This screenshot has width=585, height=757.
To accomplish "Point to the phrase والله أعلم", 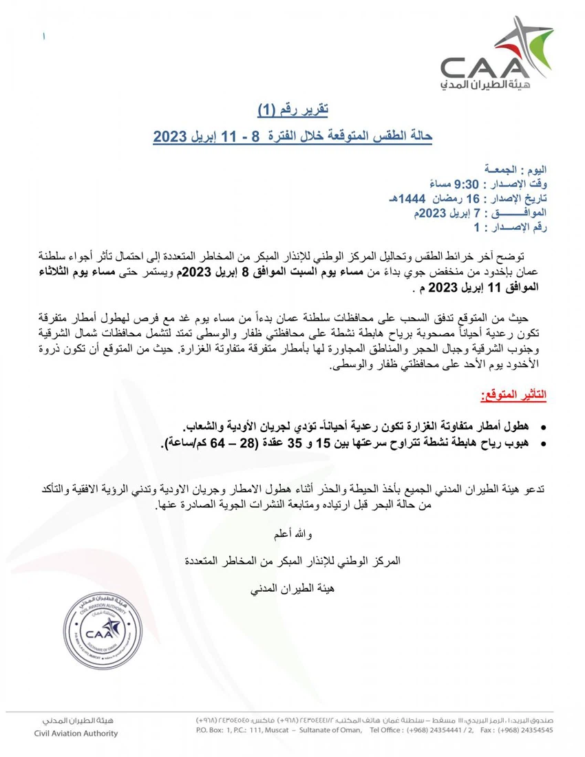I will pos(292,533).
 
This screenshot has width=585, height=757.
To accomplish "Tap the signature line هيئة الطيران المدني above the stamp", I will pos(292,589).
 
